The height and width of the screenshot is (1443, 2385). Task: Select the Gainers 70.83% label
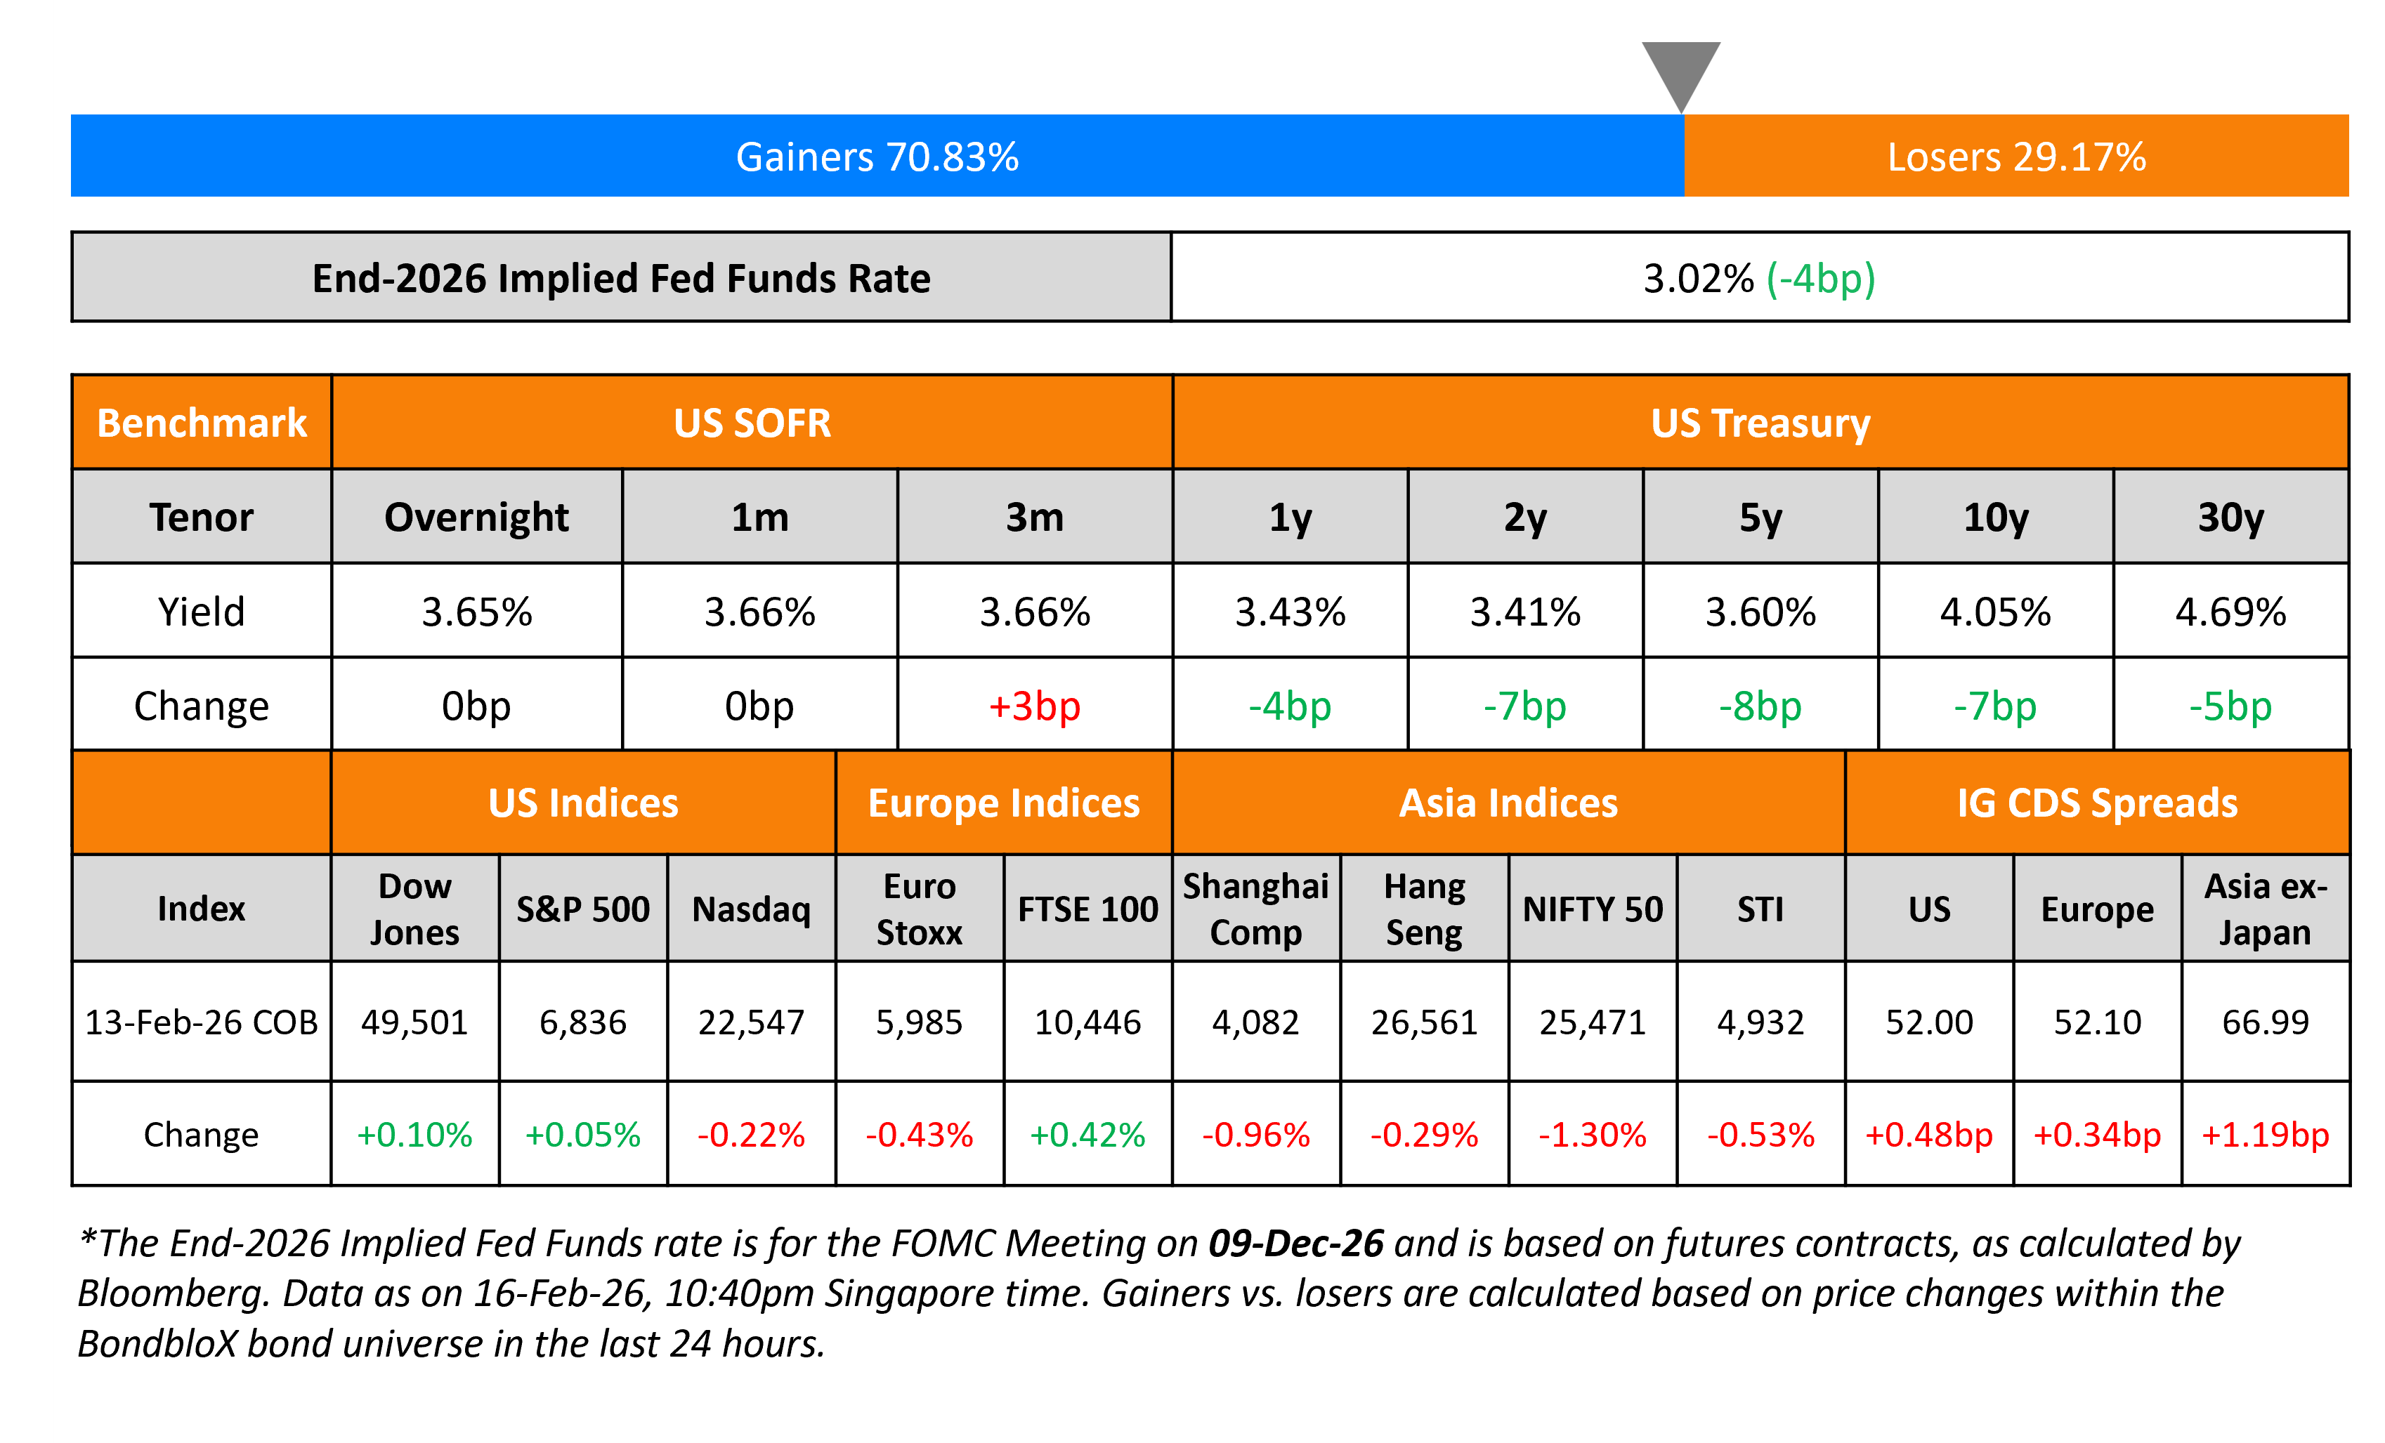tap(877, 157)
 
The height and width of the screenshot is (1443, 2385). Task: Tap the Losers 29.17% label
tap(2016, 157)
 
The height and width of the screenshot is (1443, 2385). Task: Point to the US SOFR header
tap(752, 423)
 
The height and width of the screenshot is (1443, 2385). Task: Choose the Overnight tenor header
tap(476, 517)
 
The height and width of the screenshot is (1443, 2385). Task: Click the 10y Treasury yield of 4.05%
tap(1995, 612)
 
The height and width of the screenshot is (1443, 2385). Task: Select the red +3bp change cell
tap(1034, 706)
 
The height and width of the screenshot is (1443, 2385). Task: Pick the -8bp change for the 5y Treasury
tap(1760, 706)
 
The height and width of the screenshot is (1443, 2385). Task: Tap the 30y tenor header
tap(2230, 517)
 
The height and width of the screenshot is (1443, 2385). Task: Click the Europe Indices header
tap(1004, 803)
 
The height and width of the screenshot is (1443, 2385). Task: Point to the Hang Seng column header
tap(1424, 909)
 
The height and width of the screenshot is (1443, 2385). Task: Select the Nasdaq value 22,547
tap(751, 1022)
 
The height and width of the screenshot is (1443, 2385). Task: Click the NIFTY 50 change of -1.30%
tap(1593, 1134)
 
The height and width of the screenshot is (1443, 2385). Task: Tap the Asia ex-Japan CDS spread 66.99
tap(2265, 1022)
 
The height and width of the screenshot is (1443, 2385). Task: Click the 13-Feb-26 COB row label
tap(202, 1022)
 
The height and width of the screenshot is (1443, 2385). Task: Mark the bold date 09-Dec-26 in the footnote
tap(1296, 1243)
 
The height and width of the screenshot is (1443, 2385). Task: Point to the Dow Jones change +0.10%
tap(414, 1134)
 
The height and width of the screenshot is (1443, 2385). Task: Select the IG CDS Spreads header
tap(2096, 803)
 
